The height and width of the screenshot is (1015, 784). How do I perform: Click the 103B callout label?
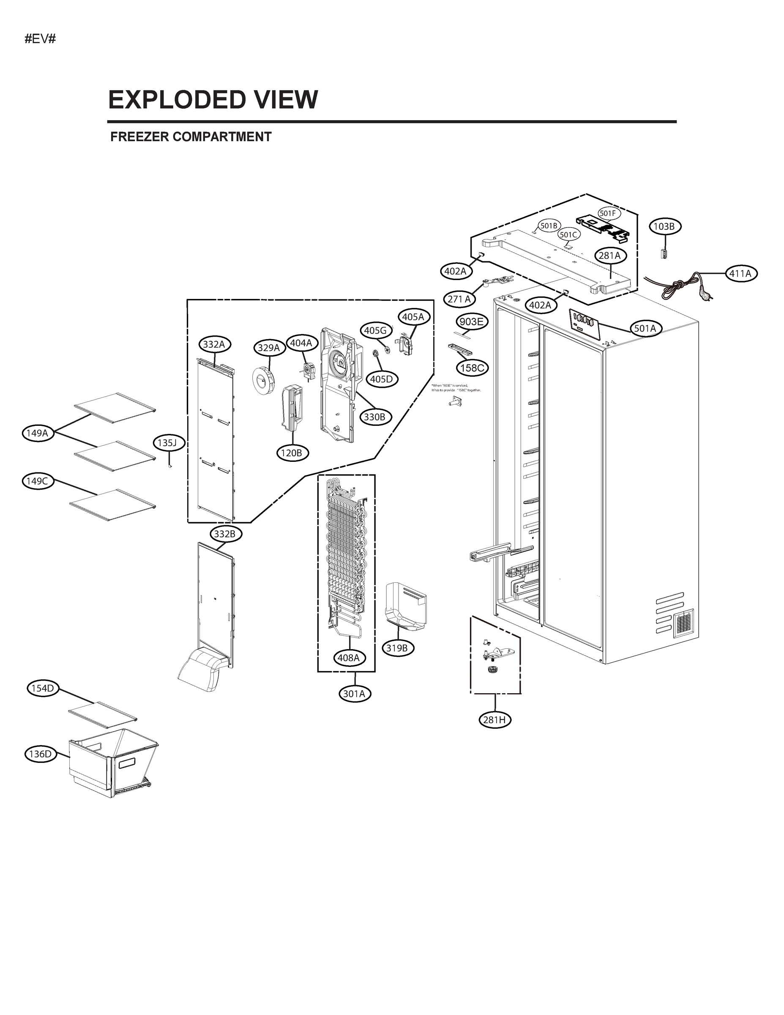pos(665,226)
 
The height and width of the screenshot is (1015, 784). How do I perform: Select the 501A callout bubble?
pos(645,329)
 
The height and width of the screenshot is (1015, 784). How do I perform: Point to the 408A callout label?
pos(348,658)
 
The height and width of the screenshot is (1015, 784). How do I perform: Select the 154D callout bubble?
pos(43,688)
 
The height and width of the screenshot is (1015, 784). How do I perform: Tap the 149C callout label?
pos(37,481)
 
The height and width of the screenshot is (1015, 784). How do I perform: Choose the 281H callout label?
pos(494,720)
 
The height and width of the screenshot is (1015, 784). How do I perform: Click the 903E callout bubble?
pos(471,321)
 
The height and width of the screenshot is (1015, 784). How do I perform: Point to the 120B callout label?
pos(292,453)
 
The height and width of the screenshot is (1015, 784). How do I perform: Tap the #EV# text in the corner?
pos(40,39)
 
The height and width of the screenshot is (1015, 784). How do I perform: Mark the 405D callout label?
pos(381,379)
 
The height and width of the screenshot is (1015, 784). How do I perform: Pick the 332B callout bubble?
pos(225,534)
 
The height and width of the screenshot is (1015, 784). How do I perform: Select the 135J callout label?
pos(167,443)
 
